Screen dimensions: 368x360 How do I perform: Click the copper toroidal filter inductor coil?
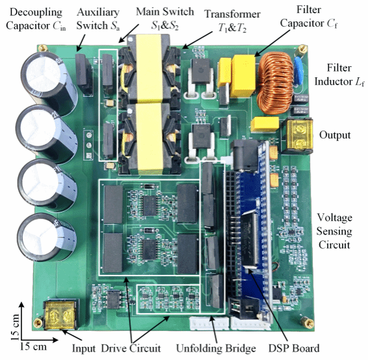coord(276,83)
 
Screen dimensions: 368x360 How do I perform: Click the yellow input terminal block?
coord(60,315)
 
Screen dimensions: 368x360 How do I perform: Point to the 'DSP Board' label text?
coord(294,348)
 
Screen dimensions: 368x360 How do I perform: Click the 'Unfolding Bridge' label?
coord(216,348)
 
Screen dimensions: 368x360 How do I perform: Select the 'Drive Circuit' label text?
coord(131,348)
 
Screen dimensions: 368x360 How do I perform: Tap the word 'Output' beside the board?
coord(335,135)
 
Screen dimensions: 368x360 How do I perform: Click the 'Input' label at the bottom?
coord(84,349)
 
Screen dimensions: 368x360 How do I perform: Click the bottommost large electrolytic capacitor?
coord(47,237)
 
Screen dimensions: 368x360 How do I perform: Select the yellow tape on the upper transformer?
coord(148,68)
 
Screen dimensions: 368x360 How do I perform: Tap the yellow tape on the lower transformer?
coord(150,138)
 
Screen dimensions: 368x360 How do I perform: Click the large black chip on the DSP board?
coord(251,239)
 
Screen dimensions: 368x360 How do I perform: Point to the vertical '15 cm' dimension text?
coord(15,327)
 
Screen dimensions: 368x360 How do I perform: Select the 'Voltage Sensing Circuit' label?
coord(334,231)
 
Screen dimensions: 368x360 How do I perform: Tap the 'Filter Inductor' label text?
coord(339,75)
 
